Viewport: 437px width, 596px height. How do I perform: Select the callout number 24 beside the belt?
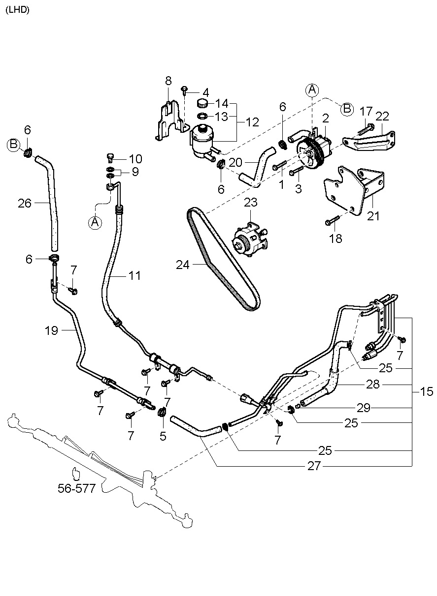pyautogui.click(x=183, y=265)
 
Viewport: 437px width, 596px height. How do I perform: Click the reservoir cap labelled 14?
pyautogui.click(x=202, y=104)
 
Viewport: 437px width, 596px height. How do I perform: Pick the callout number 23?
pyautogui.click(x=251, y=202)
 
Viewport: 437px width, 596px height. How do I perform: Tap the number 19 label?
pyautogui.click(x=52, y=331)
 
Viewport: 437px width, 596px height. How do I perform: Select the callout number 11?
pyautogui.click(x=134, y=276)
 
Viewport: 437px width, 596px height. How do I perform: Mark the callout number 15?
pyautogui.click(x=427, y=391)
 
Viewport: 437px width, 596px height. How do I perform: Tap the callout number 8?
pyautogui.click(x=168, y=80)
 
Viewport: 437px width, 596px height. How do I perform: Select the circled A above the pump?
pyautogui.click(x=312, y=89)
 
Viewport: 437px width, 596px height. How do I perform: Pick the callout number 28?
pyautogui.click(x=373, y=384)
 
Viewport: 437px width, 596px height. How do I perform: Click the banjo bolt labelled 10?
pyautogui.click(x=110, y=157)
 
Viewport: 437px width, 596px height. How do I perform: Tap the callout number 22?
pyautogui.click(x=382, y=117)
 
